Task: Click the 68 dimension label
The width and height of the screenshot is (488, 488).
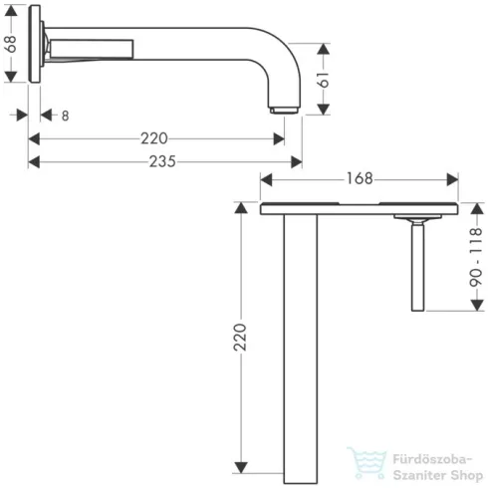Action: (x=10, y=44)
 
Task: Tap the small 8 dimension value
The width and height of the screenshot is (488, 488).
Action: (x=66, y=116)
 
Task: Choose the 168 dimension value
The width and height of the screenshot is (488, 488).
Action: (x=360, y=179)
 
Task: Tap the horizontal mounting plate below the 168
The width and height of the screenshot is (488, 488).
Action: (x=360, y=210)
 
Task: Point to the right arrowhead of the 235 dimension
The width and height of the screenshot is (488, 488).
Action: (x=296, y=161)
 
